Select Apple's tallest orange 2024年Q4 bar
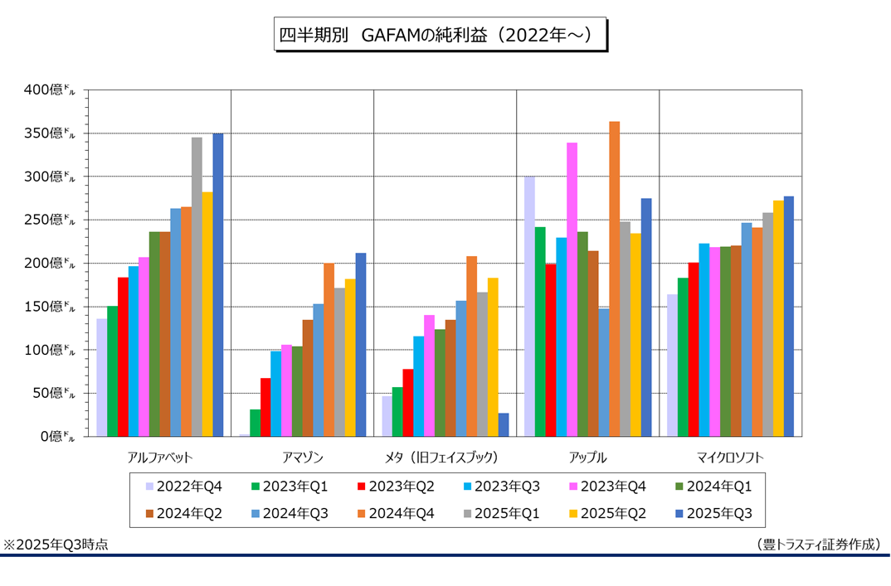(x=614, y=278)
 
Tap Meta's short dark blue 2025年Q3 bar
(x=504, y=424)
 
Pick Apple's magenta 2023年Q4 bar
(x=572, y=289)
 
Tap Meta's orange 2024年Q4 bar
(x=471, y=346)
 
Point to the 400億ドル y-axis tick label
(x=51, y=90)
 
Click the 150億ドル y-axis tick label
(x=51, y=307)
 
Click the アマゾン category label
(x=302, y=457)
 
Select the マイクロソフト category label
(x=730, y=457)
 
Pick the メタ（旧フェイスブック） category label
(x=445, y=457)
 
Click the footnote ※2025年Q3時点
(x=56, y=545)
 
